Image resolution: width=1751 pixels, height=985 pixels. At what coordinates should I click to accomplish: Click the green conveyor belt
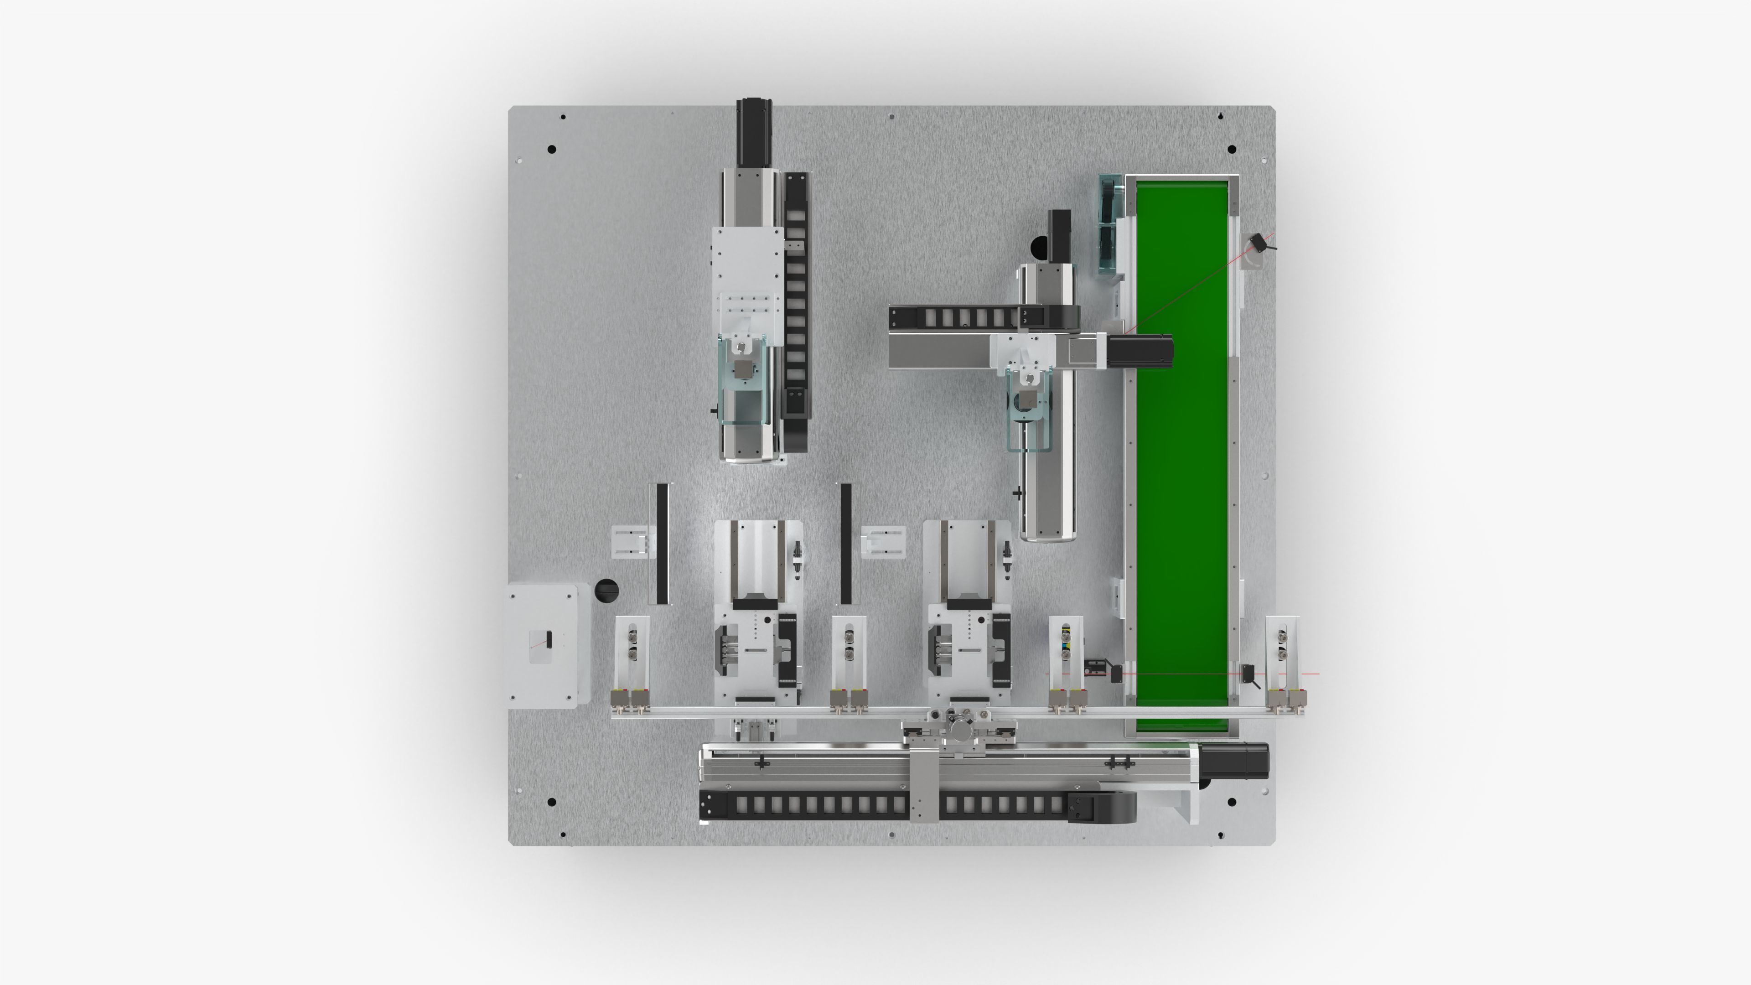[1183, 476]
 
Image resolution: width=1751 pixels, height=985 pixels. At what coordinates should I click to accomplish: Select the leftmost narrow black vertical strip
[661, 544]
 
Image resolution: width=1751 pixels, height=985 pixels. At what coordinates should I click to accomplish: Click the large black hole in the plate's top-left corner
[551, 149]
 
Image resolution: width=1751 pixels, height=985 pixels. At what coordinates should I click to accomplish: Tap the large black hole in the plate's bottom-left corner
[551, 802]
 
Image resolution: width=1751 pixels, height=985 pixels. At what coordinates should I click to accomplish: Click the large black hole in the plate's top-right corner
[1232, 149]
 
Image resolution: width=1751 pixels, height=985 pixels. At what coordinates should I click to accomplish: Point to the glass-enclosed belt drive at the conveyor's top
[1109, 224]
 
